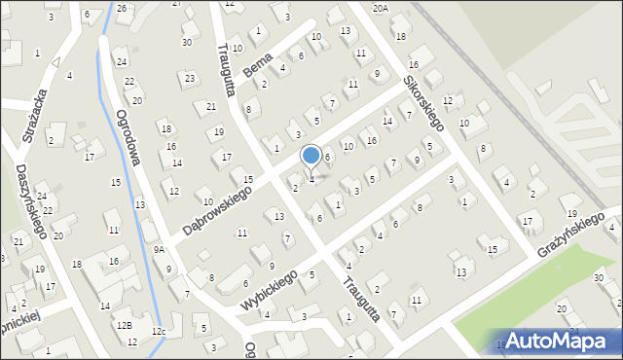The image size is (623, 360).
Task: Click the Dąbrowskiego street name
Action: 216,209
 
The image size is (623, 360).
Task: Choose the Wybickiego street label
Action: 266,290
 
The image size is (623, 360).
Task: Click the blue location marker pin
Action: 311,156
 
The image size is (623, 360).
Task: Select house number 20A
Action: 380,8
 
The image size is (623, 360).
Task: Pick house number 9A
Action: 159,250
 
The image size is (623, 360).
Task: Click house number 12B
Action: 124,325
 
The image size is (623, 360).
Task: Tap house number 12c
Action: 158,333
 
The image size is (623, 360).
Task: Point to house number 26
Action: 121,9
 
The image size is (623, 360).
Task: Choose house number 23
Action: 189,77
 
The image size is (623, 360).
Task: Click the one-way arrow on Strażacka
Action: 56,61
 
